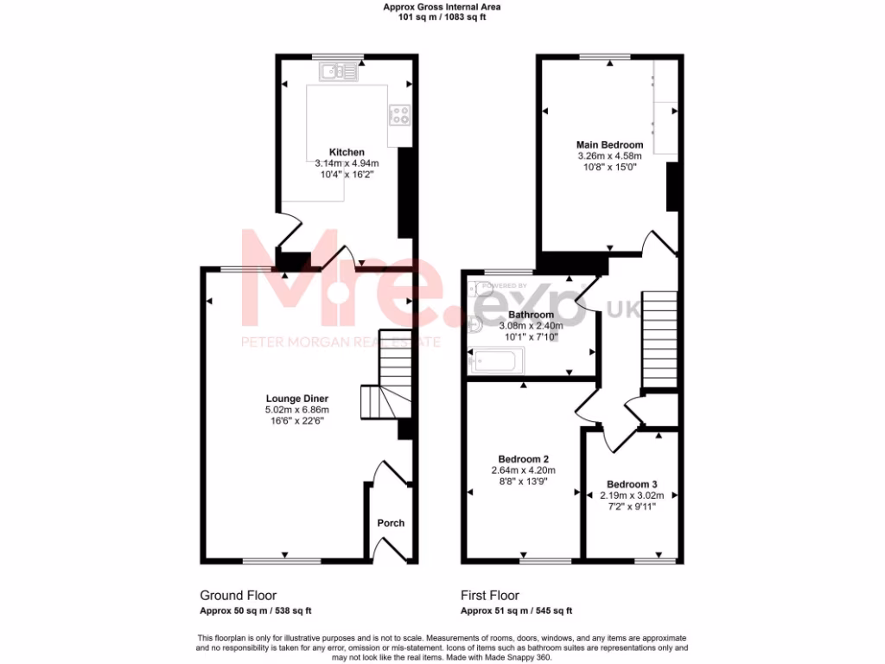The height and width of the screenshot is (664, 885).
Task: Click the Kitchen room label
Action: pyautogui.click(x=347, y=152)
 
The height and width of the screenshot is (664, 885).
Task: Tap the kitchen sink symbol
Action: pyautogui.click(x=338, y=72)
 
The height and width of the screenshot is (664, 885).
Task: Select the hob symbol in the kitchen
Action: pyautogui.click(x=399, y=115)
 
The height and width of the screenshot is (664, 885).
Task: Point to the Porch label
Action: pyautogui.click(x=391, y=523)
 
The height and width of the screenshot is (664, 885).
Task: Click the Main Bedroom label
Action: pyautogui.click(x=609, y=144)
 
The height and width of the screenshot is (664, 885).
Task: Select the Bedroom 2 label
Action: pyautogui.click(x=524, y=459)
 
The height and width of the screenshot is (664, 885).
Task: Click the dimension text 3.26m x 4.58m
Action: pyautogui.click(x=609, y=156)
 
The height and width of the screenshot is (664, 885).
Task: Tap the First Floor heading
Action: pyautogui.click(x=490, y=595)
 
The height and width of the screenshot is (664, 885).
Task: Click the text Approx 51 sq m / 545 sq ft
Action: pyautogui.click(x=516, y=611)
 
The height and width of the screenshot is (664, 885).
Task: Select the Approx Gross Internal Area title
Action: pyautogui.click(x=442, y=7)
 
